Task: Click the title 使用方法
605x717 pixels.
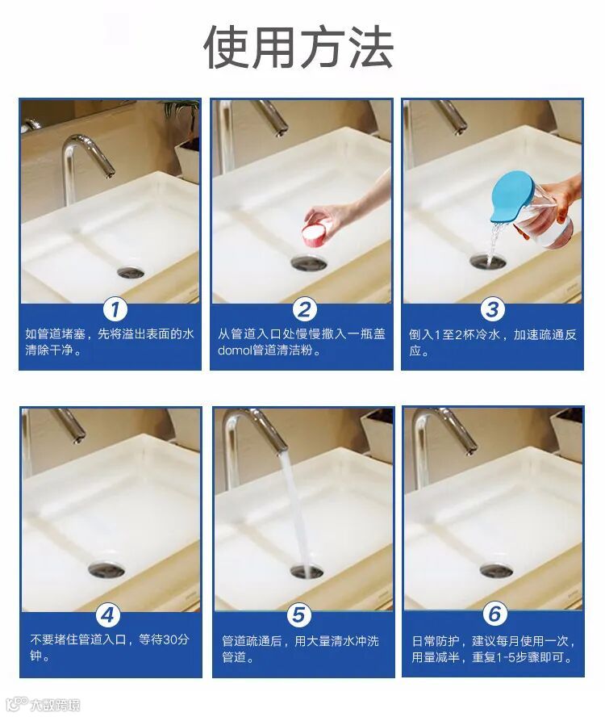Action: [x=298, y=48]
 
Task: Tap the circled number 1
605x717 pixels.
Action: [x=115, y=309]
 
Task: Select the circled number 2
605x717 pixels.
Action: [x=304, y=309]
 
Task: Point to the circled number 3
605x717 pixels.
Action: [x=492, y=309]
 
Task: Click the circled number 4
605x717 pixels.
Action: [x=107, y=615]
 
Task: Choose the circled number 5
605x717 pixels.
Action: [x=298, y=615]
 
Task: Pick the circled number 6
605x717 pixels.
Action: [x=494, y=614]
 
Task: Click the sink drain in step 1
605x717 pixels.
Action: [x=131, y=273]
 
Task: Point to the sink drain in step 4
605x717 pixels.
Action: [x=106, y=569]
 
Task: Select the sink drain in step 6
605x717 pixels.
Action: [x=497, y=570]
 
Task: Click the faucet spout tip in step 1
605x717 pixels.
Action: [x=109, y=173]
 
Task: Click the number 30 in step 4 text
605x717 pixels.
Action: [x=169, y=639]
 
